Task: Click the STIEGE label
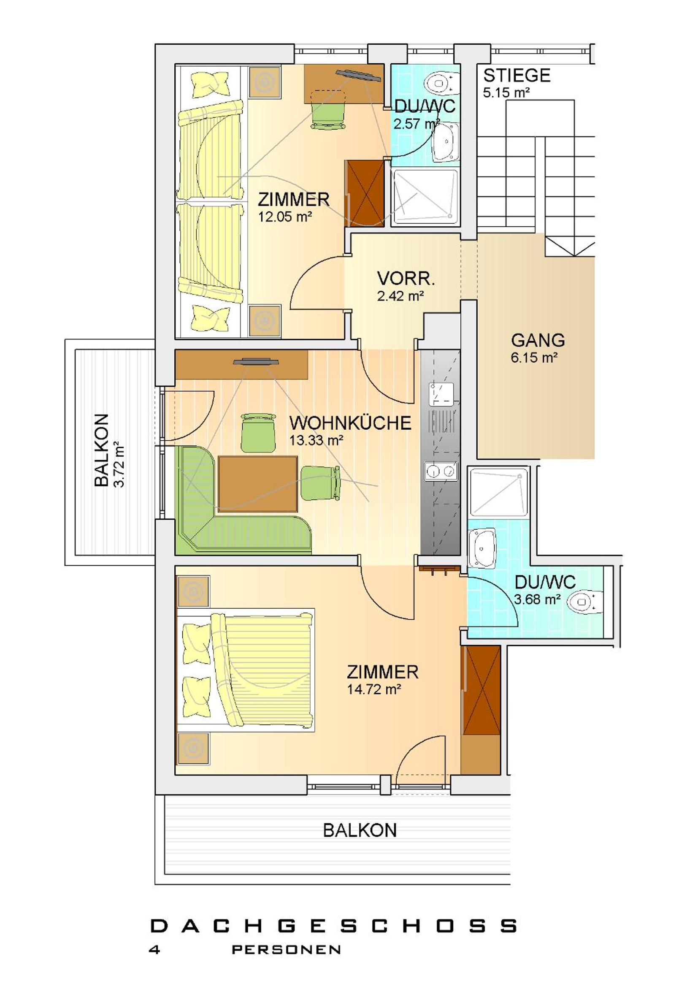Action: pos(517,76)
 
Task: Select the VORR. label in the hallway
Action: pos(406,279)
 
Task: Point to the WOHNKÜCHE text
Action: pos(350,423)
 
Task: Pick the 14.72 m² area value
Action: pos(374,690)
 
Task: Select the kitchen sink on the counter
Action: pos(441,395)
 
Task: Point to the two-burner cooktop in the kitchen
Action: pos(440,471)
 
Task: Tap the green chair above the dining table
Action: pos(258,432)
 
